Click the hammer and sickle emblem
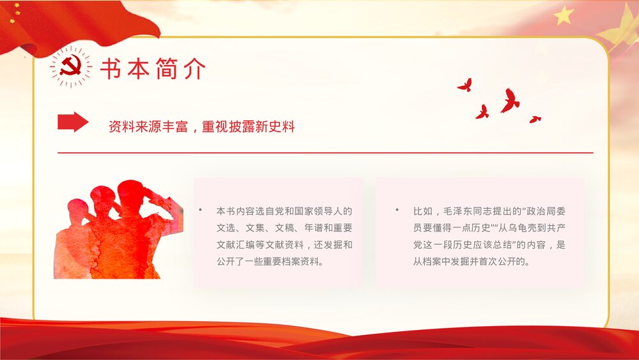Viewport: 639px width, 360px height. pyautogui.click(x=70, y=67)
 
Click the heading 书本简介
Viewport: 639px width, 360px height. pyautogui.click(x=153, y=69)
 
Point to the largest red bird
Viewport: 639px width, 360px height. pyautogui.click(x=509, y=101)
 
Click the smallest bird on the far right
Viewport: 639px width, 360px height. pyautogui.click(x=535, y=119)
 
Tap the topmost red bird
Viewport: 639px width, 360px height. pyautogui.click(x=465, y=84)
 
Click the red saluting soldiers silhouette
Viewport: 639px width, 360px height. pyautogui.click(x=118, y=230)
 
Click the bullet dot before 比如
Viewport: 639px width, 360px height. pyautogui.click(x=396, y=210)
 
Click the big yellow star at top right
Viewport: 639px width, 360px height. pyautogui.click(x=564, y=15)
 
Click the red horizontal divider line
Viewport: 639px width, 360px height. pyautogui.click(x=325, y=153)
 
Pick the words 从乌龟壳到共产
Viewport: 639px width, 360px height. pyautogui.click(x=533, y=228)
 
